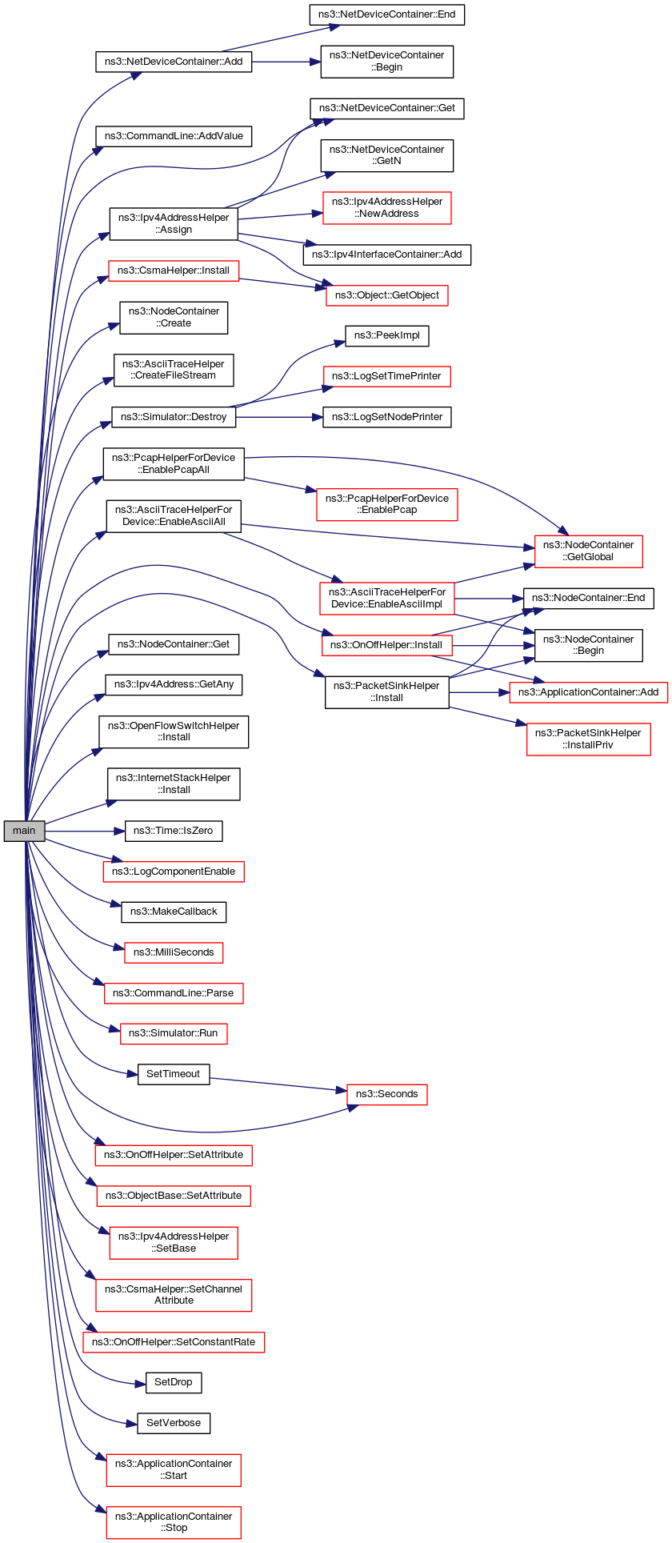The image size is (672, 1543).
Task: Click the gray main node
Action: pos(24,831)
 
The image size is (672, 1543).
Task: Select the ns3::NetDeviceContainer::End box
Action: pos(387,14)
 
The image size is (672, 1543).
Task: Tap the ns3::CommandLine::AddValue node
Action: pos(174,136)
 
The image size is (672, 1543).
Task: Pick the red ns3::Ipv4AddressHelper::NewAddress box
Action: pos(387,208)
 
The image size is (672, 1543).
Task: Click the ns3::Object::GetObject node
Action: pos(387,295)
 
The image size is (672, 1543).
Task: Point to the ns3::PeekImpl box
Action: pos(387,335)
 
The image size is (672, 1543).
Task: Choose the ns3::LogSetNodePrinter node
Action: pos(387,417)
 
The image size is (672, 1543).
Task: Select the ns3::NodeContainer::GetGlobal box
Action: pos(588,551)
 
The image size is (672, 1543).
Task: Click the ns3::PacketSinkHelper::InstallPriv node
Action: pos(588,739)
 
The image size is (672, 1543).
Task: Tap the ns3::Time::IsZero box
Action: pos(174,831)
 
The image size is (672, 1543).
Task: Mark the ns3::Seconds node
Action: pos(387,1094)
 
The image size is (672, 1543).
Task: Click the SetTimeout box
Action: pos(174,1074)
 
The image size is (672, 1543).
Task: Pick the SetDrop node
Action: pos(174,1382)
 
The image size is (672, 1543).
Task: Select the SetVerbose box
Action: pos(174,1423)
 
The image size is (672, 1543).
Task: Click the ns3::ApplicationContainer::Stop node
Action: pos(174,1522)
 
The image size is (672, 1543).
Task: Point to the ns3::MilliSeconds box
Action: pos(174,952)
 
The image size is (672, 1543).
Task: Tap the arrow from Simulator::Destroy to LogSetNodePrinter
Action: pos(280,417)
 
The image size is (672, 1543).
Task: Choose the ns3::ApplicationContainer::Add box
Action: pos(588,692)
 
